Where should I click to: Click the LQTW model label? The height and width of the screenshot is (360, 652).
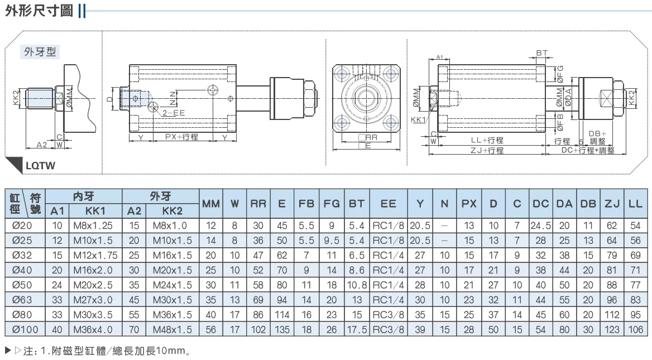tap(40, 165)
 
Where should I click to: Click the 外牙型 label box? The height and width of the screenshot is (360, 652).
tap(40, 52)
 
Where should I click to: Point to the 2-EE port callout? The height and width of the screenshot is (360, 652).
tap(174, 113)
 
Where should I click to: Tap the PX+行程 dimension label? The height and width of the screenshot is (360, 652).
tap(182, 137)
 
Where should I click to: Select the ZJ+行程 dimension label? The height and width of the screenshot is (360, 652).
tap(487, 151)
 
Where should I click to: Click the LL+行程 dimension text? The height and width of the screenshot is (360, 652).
tap(487, 141)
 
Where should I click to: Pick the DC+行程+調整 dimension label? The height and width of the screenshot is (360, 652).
tap(588, 150)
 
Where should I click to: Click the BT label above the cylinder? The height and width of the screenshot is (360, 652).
tap(542, 53)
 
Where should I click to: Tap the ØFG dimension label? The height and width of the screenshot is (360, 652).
tap(560, 74)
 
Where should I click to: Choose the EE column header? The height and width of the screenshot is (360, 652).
tap(389, 204)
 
